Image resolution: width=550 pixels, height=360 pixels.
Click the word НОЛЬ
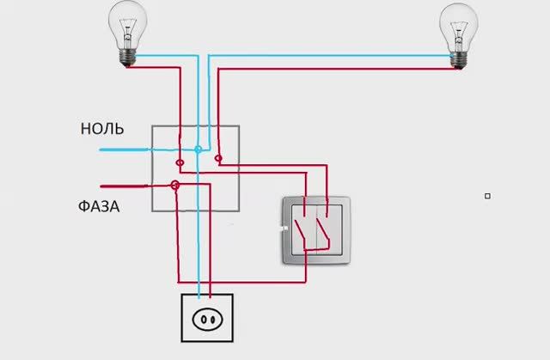tap(102, 130)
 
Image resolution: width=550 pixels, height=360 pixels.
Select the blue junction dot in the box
tap(198, 149)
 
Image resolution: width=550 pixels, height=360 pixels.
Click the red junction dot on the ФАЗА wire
tap(174, 185)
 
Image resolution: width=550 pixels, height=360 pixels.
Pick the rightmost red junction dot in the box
tap(218, 159)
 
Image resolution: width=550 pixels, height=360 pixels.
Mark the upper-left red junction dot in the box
tap(180, 162)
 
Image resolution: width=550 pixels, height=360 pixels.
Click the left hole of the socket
tap(201, 320)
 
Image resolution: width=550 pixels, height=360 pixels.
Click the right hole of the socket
tap(211, 320)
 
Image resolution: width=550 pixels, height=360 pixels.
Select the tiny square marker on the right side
tap(487, 196)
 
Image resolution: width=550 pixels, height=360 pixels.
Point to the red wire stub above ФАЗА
tap(125, 185)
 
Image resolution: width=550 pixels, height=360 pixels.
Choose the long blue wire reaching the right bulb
tap(335, 58)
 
